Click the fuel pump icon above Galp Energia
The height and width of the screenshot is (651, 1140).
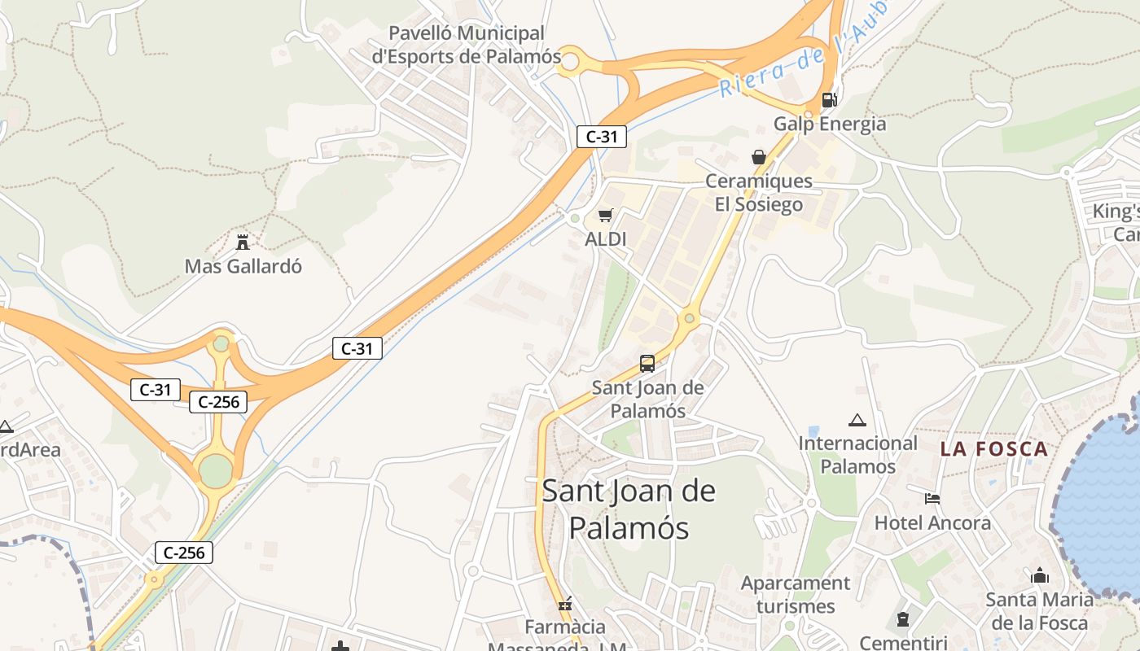(829, 100)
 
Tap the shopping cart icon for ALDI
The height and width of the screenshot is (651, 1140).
(605, 216)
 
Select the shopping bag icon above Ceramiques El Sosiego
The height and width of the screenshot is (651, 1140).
(759, 157)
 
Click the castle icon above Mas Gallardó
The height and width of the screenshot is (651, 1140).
(242, 242)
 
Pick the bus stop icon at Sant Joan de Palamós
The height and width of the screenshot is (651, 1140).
(647, 364)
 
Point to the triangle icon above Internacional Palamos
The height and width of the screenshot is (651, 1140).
(857, 421)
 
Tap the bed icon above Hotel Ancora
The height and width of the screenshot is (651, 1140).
(932, 498)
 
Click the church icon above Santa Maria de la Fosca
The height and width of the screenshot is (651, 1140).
(1040, 576)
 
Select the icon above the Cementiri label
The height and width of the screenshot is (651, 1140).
(902, 620)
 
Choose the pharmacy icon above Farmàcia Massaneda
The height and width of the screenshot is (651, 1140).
(565, 604)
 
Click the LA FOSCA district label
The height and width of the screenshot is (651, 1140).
(993, 449)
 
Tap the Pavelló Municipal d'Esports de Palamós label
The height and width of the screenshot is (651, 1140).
(467, 45)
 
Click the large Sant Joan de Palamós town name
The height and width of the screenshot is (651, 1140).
(629, 509)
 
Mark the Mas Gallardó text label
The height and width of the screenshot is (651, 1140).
(243, 266)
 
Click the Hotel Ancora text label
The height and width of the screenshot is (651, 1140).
(932, 522)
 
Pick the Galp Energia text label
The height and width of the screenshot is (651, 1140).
(830, 124)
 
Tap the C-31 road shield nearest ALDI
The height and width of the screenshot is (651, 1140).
(602, 137)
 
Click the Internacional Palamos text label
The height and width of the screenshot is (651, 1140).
(857, 455)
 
